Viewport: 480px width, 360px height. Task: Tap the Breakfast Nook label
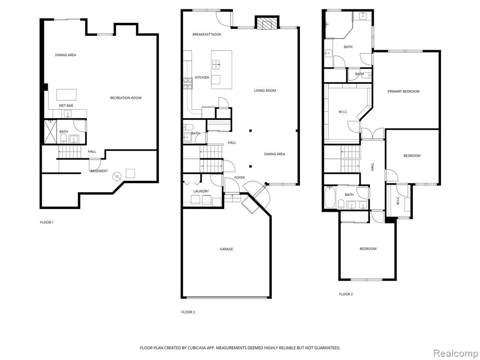coord(207,34)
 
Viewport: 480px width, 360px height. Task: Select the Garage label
coord(226,249)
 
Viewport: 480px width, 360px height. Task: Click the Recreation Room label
coord(126,98)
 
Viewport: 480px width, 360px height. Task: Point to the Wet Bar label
coord(66,105)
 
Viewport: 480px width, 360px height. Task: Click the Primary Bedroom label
coord(404,91)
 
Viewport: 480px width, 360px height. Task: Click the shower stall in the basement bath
coord(51,132)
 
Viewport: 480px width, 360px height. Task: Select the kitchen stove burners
coord(187,83)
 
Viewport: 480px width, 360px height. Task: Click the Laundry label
coord(201,191)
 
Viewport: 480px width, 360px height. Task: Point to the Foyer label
coord(240,178)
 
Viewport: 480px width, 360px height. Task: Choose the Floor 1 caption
coord(47,222)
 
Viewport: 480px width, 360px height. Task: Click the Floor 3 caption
coord(345,294)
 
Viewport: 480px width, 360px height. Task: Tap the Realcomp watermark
coord(455,353)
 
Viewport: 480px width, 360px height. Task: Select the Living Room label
coord(265,90)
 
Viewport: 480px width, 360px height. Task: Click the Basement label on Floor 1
coord(99,171)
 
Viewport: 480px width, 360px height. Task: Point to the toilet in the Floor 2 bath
coord(187,127)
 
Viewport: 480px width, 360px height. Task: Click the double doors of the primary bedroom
coord(373,134)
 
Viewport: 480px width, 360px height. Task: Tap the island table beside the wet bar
coord(67,95)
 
